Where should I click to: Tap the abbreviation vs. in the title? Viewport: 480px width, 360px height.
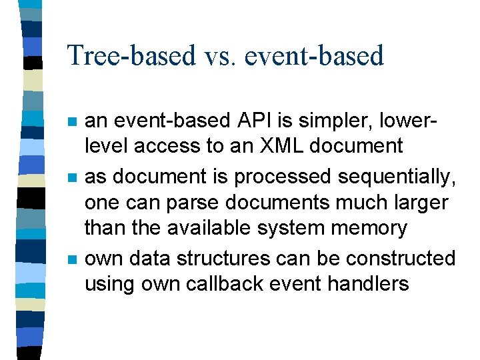coord(214,56)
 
